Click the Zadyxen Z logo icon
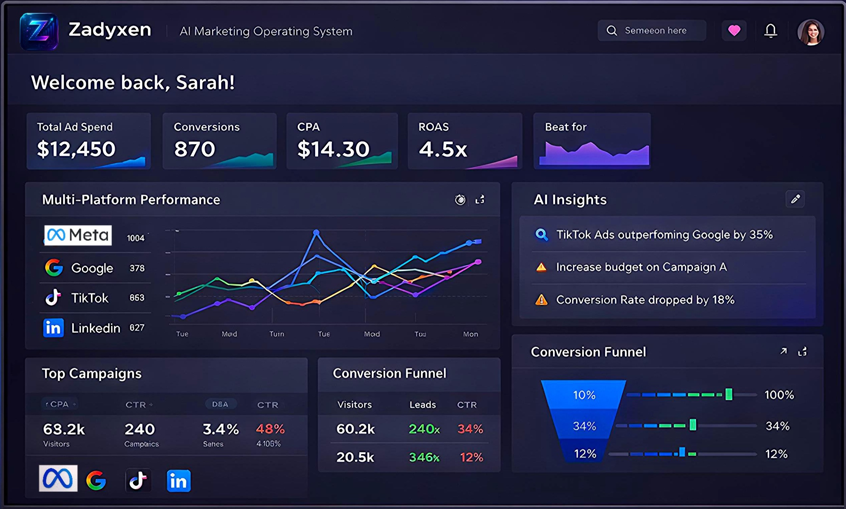click(39, 31)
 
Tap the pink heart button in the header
click(734, 31)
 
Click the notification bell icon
click(770, 31)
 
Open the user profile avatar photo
click(811, 32)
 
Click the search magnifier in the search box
click(611, 31)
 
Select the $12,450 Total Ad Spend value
click(76, 149)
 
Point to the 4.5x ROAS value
click(443, 149)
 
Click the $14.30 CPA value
click(333, 149)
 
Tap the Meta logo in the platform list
click(78, 235)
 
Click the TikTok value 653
click(137, 298)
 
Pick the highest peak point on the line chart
click(316, 233)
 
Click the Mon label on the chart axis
click(470, 334)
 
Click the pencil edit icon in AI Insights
click(795, 199)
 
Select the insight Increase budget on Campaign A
click(641, 267)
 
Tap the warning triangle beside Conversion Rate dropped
click(541, 300)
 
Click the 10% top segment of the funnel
click(584, 395)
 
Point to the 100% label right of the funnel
click(779, 395)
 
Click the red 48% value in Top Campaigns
click(270, 429)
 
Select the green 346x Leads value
click(424, 457)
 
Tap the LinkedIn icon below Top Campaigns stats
click(179, 481)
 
